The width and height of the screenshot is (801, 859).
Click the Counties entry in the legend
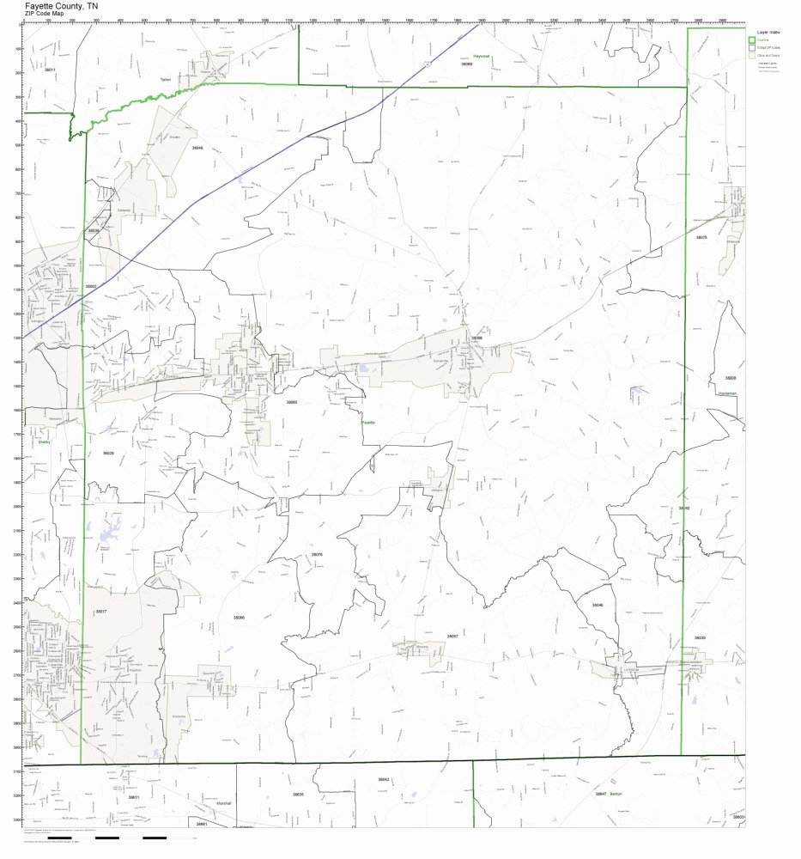763,40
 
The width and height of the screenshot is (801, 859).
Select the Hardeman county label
728,393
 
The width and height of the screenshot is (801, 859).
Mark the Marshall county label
224,803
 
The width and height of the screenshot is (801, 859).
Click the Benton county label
615,794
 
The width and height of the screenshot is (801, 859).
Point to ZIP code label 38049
197,148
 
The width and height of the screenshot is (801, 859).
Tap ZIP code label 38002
90,286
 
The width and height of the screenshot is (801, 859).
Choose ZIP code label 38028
108,453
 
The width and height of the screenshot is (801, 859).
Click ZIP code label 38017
100,611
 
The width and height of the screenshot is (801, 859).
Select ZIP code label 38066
239,617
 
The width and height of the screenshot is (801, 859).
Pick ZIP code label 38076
317,555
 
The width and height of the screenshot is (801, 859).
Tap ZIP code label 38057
452,636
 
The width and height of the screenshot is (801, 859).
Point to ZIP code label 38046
598,605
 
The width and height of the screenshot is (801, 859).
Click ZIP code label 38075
701,237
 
